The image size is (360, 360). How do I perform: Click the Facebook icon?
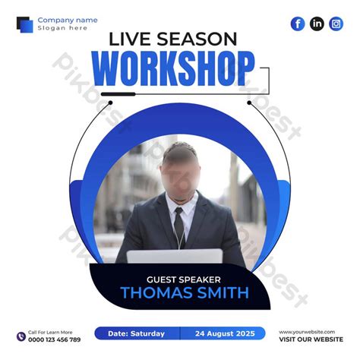click(x=298, y=24)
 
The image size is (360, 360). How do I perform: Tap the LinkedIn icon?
click(x=317, y=24)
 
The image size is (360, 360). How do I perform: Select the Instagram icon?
click(x=336, y=24)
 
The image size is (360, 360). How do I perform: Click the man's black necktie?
click(x=177, y=226)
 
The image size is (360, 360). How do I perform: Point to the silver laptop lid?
click(x=175, y=257)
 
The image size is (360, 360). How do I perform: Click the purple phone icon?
click(x=20, y=336)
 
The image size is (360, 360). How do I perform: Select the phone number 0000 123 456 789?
click(x=55, y=339)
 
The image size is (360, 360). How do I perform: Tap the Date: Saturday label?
click(x=136, y=333)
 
